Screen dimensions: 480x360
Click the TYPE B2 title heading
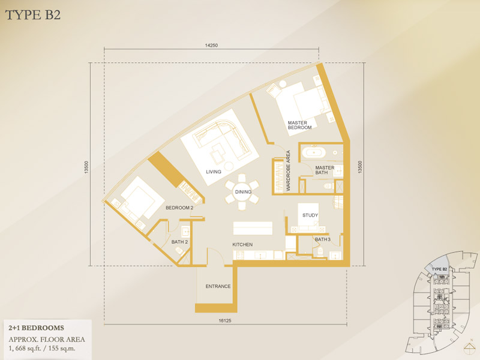tap(33, 15)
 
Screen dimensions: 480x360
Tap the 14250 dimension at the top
tap(211, 46)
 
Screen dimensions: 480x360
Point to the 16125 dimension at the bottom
tap(225, 321)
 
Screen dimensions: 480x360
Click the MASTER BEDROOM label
tap(299, 125)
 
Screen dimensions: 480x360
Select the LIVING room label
tap(214, 172)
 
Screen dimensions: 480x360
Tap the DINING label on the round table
tap(243, 192)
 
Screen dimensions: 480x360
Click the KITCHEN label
tap(242, 245)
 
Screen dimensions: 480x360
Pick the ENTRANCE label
tap(218, 286)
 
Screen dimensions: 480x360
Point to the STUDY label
tap(310, 215)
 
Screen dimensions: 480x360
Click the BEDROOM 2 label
tap(179, 208)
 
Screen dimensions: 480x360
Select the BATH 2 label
tap(179, 242)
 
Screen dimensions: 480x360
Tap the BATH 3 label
tap(323, 239)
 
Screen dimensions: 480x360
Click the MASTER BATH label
tap(325, 170)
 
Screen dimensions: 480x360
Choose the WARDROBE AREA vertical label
tap(288, 171)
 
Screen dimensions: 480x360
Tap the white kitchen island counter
tap(253, 229)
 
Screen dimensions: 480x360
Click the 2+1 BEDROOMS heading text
tap(36, 328)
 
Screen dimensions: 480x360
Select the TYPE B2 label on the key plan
tap(439, 269)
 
